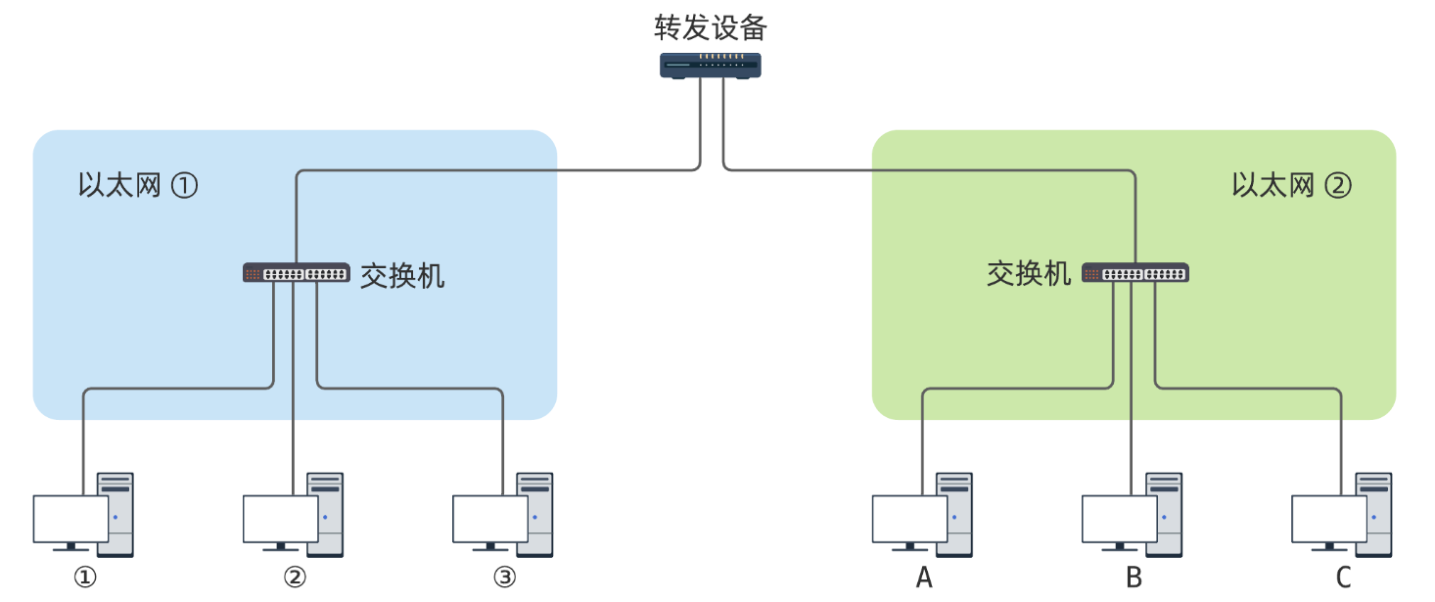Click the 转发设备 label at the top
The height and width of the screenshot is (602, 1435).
tap(711, 27)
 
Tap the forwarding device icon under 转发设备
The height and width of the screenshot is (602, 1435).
tap(711, 66)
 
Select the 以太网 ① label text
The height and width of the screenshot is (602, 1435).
tap(137, 185)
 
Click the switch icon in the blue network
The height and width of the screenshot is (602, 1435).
tap(296, 273)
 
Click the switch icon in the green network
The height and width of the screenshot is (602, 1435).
tap(1135, 273)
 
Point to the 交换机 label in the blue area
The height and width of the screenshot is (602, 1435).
tap(402, 275)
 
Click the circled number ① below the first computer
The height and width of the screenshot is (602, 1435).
tap(85, 579)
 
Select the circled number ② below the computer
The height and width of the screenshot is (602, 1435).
tap(295, 579)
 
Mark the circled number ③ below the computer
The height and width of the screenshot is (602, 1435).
tap(504, 579)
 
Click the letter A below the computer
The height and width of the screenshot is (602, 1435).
tap(924, 579)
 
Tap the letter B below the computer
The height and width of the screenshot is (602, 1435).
tap(1134, 579)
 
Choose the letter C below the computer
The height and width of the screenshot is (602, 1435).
tap(1343, 579)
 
